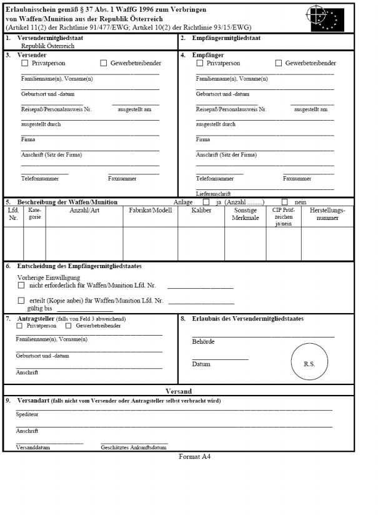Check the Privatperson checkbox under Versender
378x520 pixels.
click(25, 63)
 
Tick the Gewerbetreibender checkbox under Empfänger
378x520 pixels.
click(279, 63)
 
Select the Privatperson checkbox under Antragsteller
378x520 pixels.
click(19, 326)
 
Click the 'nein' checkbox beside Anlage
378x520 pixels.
click(285, 202)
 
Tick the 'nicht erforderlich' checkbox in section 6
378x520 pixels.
click(21, 285)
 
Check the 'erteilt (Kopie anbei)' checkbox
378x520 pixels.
click(21, 300)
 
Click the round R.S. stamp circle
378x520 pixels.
click(309, 362)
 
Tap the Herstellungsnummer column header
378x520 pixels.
click(327, 214)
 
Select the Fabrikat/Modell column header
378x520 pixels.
click(150, 211)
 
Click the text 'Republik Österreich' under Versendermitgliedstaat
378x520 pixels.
click(48, 46)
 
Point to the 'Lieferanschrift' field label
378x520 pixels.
click(214, 194)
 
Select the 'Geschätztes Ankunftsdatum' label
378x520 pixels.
click(134, 447)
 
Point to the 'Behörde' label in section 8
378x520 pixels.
click(203, 342)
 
